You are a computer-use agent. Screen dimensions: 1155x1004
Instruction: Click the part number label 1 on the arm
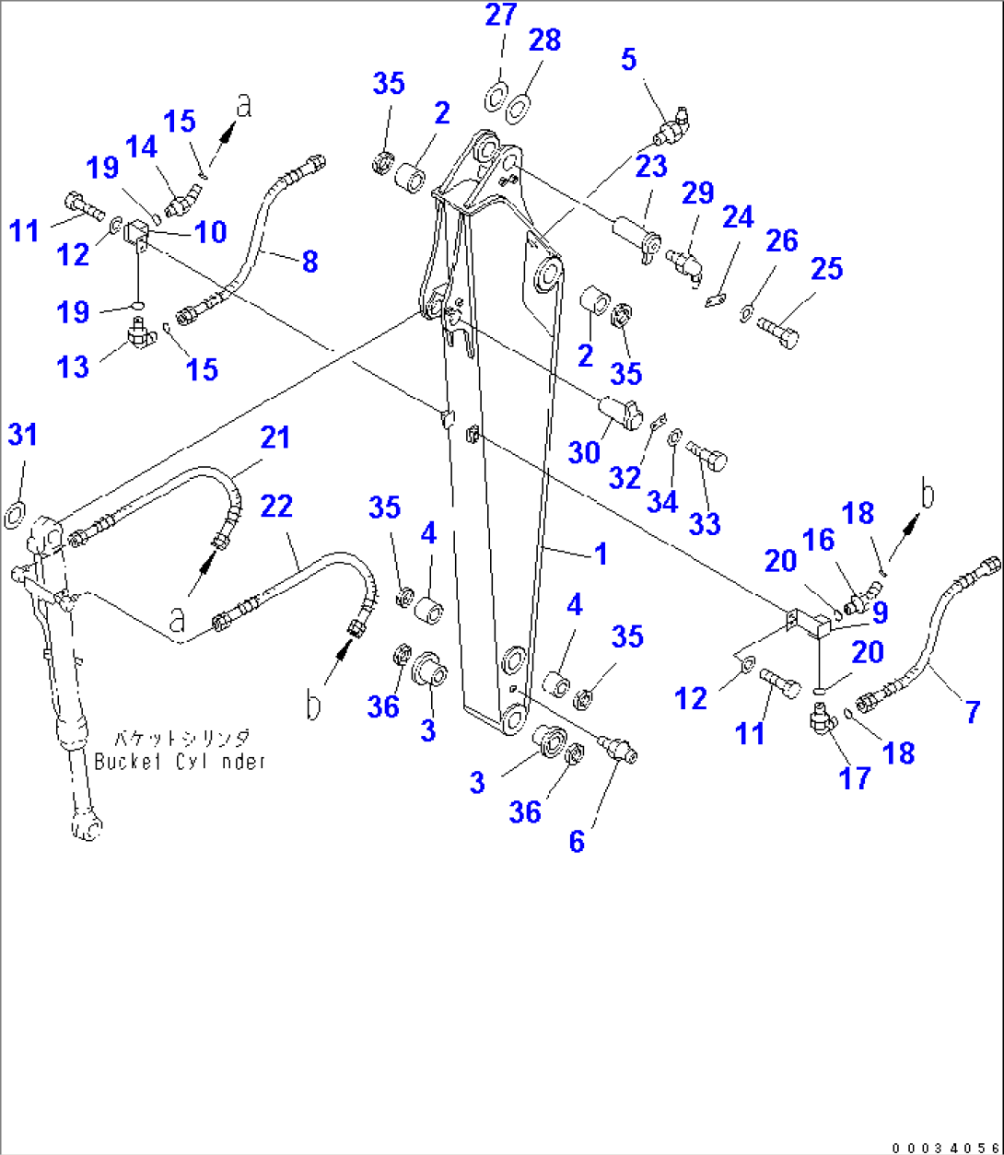601,554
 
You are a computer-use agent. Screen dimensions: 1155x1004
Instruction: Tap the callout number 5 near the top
628,59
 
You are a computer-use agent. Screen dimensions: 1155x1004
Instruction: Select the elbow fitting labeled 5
675,128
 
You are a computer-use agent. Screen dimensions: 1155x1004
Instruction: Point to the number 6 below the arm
577,842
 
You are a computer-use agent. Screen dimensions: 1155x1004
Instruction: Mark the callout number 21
274,437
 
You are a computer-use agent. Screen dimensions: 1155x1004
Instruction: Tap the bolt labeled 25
776,329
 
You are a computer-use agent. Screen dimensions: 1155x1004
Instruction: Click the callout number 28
545,41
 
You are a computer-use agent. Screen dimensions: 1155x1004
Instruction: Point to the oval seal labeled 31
16,514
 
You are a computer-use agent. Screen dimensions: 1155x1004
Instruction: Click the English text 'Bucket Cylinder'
180,762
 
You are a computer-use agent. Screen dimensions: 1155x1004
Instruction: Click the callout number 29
698,193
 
